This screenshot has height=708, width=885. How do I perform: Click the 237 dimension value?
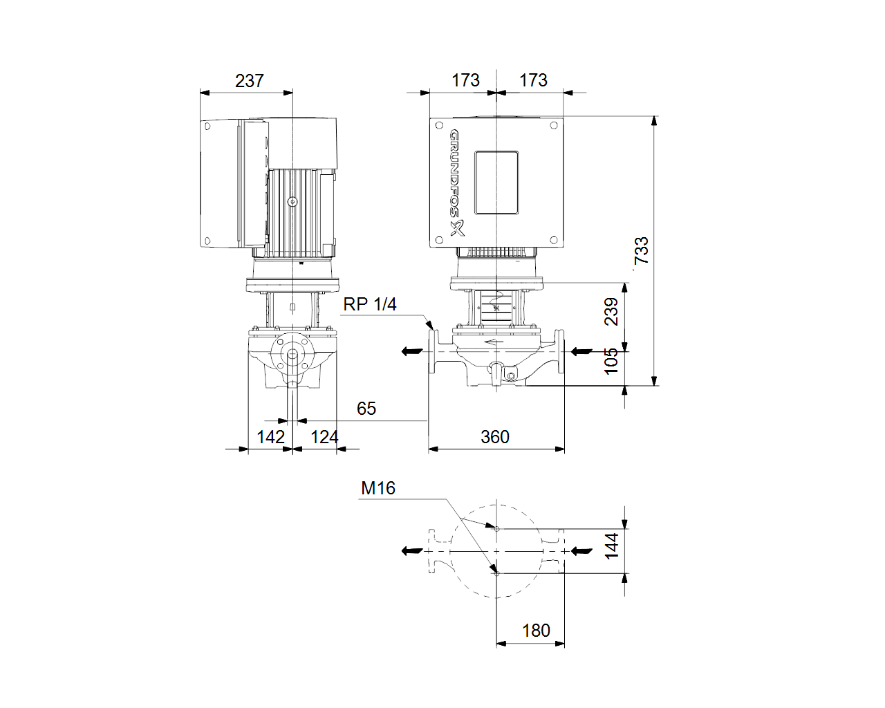click(x=249, y=81)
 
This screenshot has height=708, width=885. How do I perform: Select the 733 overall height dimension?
click(x=641, y=250)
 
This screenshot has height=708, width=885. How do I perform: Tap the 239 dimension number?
click(x=611, y=312)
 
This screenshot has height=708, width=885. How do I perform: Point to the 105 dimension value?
click(x=611, y=361)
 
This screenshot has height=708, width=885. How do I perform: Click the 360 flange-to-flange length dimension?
click(x=495, y=437)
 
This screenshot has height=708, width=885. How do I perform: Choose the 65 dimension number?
click(x=366, y=409)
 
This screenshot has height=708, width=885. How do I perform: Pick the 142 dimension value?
click(x=270, y=437)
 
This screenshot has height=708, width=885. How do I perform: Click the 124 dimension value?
click(x=324, y=437)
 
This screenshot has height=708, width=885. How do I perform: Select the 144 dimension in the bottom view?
click(x=611, y=546)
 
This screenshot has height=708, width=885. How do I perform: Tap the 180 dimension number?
click(x=536, y=631)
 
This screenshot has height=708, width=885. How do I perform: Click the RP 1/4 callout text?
click(x=370, y=304)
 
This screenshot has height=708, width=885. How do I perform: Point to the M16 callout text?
click(x=378, y=488)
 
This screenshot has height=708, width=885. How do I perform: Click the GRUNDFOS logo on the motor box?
click(x=456, y=183)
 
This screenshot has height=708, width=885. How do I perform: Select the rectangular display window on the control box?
click(x=496, y=183)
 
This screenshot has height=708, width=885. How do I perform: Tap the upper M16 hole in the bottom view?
click(x=497, y=529)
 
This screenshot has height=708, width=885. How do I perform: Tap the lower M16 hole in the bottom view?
click(x=497, y=573)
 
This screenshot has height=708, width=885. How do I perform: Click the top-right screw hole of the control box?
click(x=554, y=125)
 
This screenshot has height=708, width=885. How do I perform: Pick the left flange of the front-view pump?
click(x=432, y=351)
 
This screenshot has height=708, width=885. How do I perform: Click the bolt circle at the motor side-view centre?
click(x=292, y=202)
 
